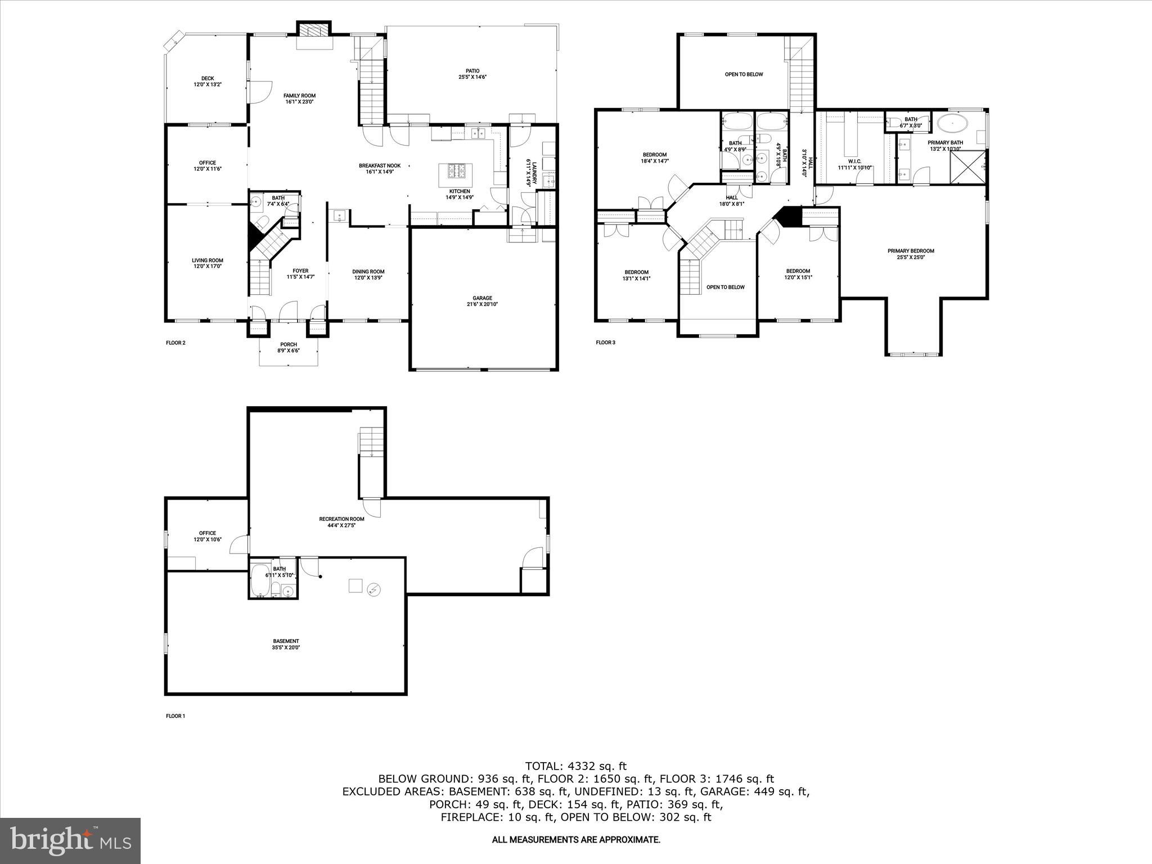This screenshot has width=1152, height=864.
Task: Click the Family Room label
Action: tap(299, 96)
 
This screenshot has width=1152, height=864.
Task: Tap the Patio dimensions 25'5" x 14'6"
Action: tap(472, 77)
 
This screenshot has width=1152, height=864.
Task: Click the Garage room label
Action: tap(482, 298)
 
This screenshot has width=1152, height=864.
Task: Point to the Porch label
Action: tap(288, 344)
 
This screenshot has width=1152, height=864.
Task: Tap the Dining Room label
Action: tap(368, 272)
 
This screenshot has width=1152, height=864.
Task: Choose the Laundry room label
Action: tap(531, 173)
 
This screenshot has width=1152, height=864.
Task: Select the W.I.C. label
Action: tap(854, 161)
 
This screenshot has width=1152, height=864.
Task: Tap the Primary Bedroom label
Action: tap(911, 251)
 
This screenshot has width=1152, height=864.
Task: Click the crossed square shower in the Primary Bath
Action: tap(967, 167)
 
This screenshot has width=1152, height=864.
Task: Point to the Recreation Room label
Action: tap(341, 519)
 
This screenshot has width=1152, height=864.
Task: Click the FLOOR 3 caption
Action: tap(605, 342)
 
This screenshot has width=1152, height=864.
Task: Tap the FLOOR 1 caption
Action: tap(175, 716)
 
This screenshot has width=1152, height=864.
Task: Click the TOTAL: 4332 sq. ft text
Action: tap(575, 766)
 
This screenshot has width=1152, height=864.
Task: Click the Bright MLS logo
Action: tap(70, 840)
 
